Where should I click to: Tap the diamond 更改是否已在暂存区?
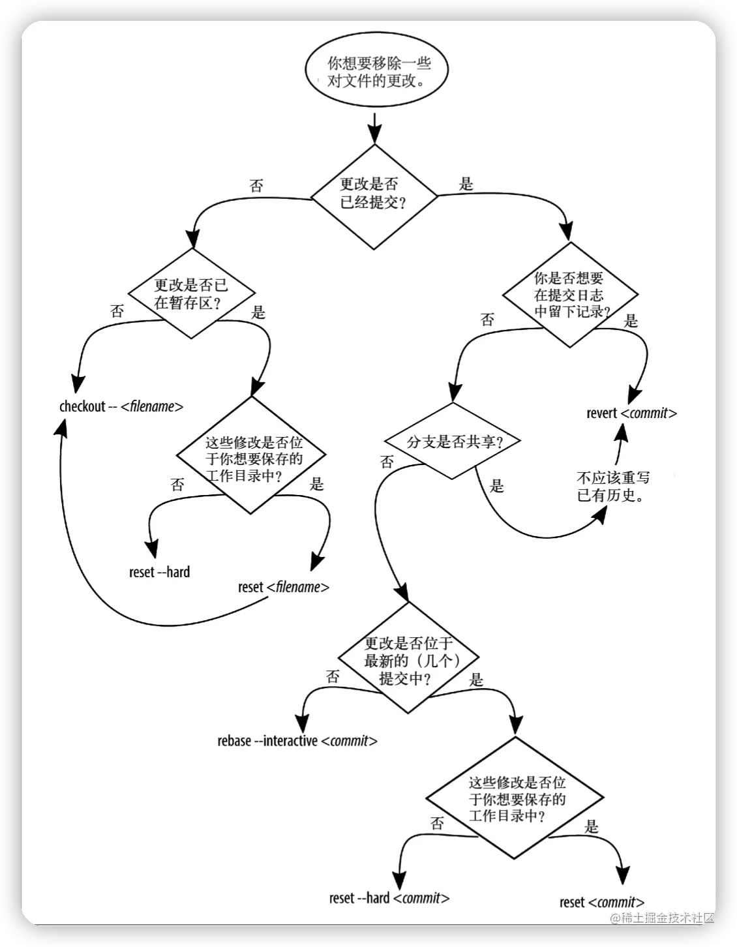tap(191, 294)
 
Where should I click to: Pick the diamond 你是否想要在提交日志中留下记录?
tap(569, 294)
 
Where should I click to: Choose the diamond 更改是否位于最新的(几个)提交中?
tap(408, 661)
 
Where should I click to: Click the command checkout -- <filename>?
tap(121, 406)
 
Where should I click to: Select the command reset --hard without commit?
tap(159, 572)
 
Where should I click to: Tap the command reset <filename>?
tap(284, 587)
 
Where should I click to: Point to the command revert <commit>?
tap(631, 413)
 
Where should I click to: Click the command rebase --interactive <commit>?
tap(297, 741)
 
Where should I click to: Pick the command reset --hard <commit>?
tap(389, 897)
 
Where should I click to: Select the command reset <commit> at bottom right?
tap(601, 902)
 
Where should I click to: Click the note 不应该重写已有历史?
tap(613, 487)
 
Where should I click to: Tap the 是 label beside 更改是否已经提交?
tap(466, 184)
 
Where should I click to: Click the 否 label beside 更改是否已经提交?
tap(256, 186)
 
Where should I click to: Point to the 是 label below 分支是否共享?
tap(497, 486)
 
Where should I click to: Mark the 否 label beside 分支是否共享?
tap(387, 462)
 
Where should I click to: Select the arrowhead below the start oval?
tap(374, 134)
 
